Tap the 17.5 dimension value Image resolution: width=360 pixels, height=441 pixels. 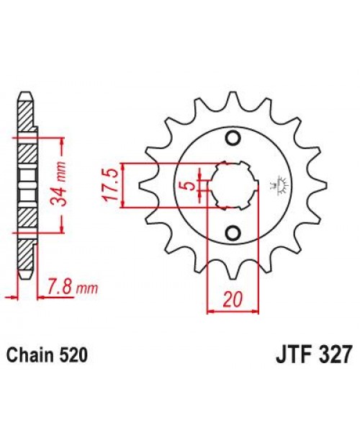pos(112,185)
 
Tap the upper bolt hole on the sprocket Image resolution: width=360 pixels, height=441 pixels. pos(233,139)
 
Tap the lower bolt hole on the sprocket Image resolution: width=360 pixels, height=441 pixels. pos(233,232)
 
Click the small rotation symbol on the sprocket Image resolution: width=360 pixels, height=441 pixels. pos(276,186)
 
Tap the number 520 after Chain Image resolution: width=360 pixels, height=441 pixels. pos(77,357)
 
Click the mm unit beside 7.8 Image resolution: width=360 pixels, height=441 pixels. pos(87,290)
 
